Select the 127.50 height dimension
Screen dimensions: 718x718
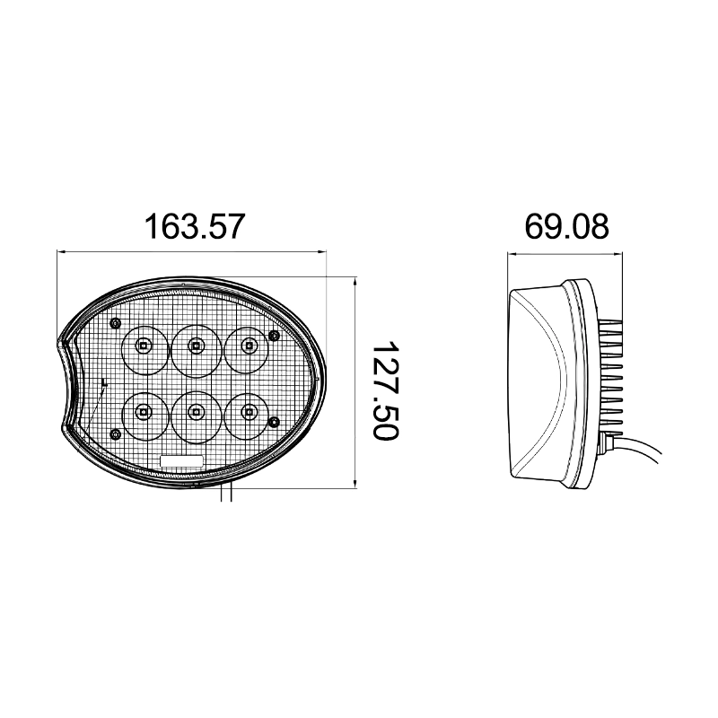(385, 390)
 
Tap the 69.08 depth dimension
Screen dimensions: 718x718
(566, 226)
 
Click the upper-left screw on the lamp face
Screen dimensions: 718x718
(115, 323)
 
